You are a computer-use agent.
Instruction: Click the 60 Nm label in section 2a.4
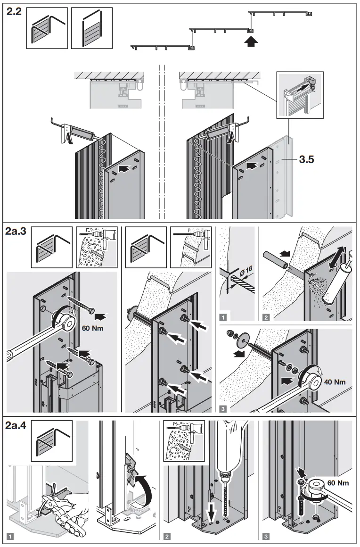pyautogui.click(x=337, y=483)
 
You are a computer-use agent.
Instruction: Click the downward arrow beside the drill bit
pyautogui.click(x=211, y=509)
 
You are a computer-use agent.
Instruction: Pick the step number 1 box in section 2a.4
pyautogui.click(x=10, y=536)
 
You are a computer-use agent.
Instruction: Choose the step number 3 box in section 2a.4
pyautogui.click(x=267, y=536)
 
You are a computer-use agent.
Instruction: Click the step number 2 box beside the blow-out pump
pyautogui.click(x=267, y=317)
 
